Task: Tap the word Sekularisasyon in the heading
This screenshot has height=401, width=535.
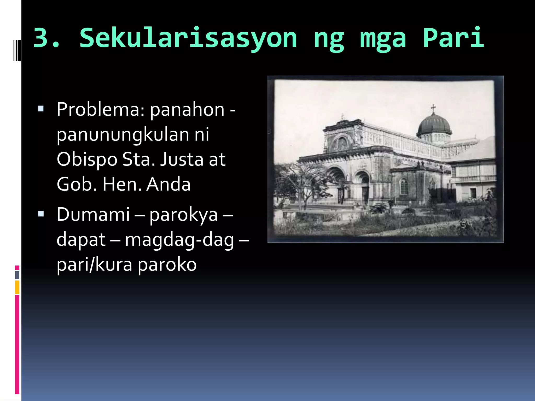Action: click(x=188, y=38)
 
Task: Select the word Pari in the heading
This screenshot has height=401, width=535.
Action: click(x=453, y=38)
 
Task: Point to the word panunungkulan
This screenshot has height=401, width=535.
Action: click(x=123, y=135)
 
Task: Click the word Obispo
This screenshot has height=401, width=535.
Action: click(x=87, y=160)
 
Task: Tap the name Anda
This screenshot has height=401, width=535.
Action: click(x=168, y=184)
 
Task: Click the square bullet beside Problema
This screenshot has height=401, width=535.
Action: click(x=41, y=109)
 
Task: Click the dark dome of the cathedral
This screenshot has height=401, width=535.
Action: click(x=434, y=125)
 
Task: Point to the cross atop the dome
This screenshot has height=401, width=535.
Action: click(x=433, y=108)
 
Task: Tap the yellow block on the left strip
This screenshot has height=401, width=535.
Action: click(x=17, y=287)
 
